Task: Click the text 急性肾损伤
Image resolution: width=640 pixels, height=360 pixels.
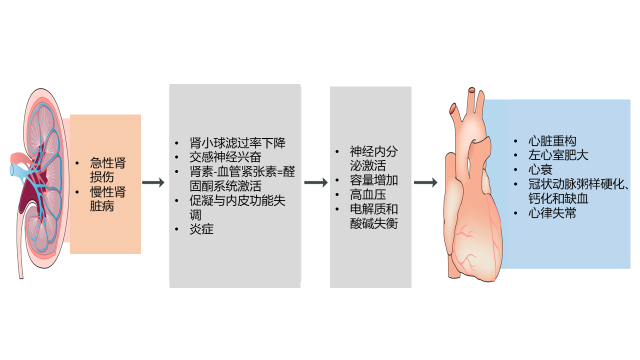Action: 108,170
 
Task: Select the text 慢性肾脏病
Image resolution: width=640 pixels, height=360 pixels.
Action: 108,199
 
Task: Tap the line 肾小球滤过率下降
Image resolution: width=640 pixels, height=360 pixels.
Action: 237,143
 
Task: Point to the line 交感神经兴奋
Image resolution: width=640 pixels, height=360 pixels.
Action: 225,157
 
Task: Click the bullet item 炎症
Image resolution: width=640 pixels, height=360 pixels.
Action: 201,229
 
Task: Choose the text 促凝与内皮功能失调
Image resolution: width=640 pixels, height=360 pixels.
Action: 237,207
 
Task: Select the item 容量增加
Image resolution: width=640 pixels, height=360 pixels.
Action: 373,180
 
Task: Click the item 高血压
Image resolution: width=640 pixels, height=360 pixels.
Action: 368,194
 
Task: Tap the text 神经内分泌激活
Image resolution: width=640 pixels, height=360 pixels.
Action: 373,158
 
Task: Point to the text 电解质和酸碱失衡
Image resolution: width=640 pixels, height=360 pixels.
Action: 373,216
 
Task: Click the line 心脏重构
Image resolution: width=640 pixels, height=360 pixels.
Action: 552,141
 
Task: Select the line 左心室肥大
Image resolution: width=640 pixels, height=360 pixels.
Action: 558,155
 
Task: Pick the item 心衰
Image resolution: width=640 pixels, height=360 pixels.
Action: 540,169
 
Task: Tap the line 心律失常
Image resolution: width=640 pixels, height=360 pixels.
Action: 552,213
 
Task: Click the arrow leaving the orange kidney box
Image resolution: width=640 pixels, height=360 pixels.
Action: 153,182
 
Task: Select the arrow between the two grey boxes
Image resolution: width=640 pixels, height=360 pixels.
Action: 316,182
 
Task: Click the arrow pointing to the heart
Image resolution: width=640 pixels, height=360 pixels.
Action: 426,182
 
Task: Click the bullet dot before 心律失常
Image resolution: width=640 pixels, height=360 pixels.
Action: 516,213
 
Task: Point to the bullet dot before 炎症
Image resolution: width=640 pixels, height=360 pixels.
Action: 176,229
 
